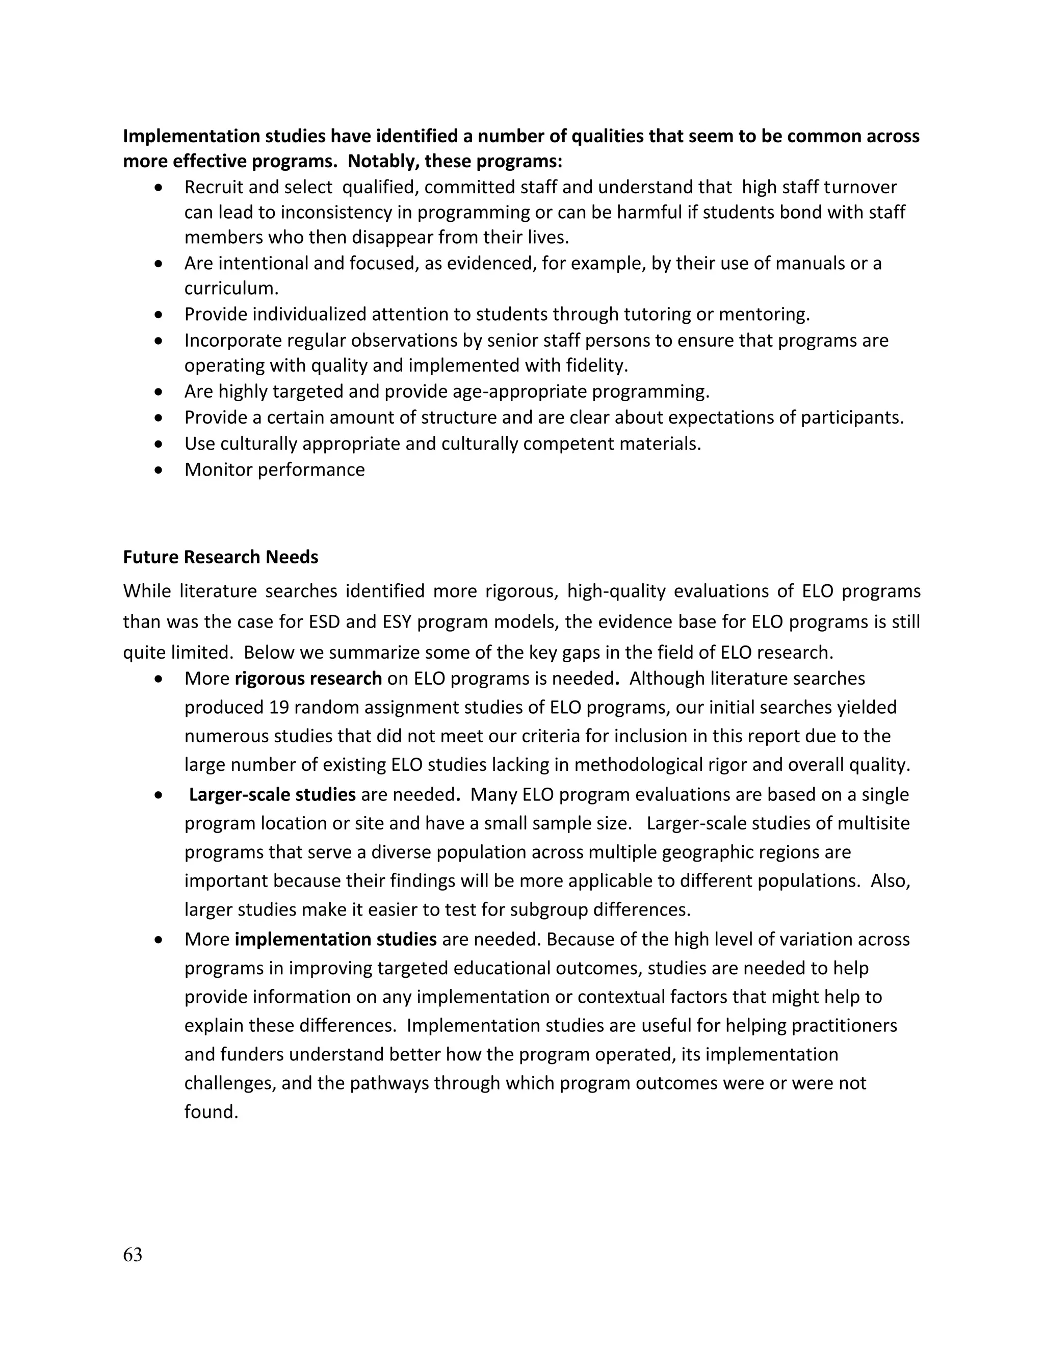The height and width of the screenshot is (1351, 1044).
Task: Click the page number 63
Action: coord(133,1255)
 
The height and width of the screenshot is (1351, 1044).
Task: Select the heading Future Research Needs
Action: coord(220,557)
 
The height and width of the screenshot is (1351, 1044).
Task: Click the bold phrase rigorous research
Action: coord(308,679)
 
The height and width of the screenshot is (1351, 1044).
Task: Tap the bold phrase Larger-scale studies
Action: coord(272,795)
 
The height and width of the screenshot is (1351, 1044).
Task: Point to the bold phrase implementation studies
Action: coord(336,940)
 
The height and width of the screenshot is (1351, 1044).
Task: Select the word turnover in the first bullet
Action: coord(860,187)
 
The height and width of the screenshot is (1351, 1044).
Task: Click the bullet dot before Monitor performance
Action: coord(160,470)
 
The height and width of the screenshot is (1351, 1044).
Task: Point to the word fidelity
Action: coord(596,366)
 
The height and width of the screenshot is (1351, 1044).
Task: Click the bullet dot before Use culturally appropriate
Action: coord(160,444)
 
